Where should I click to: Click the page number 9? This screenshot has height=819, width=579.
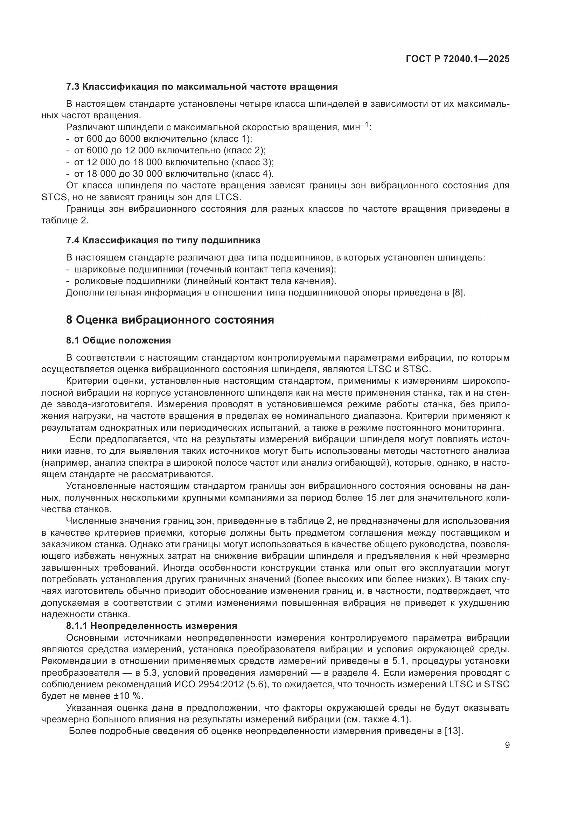click(x=507, y=745)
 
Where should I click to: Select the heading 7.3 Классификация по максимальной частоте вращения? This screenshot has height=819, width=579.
click(x=202, y=87)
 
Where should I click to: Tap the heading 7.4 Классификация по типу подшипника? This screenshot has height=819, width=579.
click(x=163, y=241)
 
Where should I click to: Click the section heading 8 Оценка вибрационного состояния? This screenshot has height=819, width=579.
click(x=170, y=320)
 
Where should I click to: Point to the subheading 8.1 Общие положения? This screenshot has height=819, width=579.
click(x=118, y=341)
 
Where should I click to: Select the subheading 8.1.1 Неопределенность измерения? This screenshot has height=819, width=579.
click(x=152, y=626)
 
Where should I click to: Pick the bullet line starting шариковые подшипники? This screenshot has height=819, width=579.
click(x=205, y=269)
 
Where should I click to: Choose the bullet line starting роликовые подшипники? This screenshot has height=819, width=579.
click(x=205, y=281)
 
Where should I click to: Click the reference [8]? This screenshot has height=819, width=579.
click(x=458, y=293)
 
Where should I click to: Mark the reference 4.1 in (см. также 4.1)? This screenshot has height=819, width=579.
click(x=400, y=720)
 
